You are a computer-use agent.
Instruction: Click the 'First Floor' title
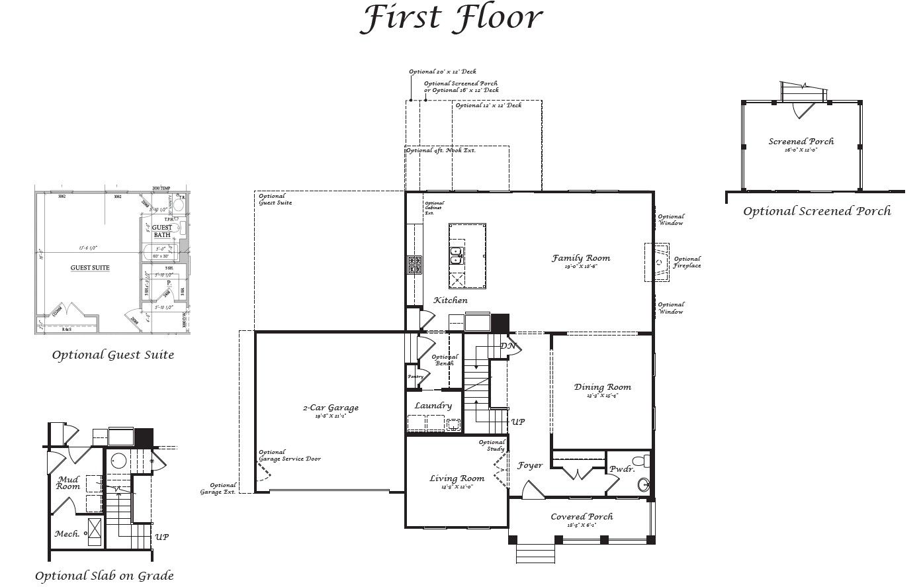point(451,19)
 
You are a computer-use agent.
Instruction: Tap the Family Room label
point(581,258)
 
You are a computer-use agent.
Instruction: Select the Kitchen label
point(451,300)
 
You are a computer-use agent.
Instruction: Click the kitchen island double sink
point(457,255)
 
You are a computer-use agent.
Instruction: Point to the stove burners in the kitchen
point(415,265)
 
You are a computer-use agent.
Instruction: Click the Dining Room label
point(602,387)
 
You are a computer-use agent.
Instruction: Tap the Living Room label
point(457,478)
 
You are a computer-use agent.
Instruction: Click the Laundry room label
point(433,406)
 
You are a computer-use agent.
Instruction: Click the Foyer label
point(530,465)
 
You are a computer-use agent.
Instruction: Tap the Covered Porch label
point(582,517)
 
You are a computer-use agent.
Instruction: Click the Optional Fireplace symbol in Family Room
point(658,262)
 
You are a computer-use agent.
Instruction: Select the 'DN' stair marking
point(507,346)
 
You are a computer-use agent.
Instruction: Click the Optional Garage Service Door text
point(290,456)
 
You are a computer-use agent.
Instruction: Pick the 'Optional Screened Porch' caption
point(816,212)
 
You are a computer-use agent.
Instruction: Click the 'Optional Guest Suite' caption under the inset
point(113,355)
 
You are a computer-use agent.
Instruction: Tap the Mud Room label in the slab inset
point(68,482)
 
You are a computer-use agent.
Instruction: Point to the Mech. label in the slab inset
point(67,534)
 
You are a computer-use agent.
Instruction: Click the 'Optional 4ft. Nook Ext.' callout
point(441,151)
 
